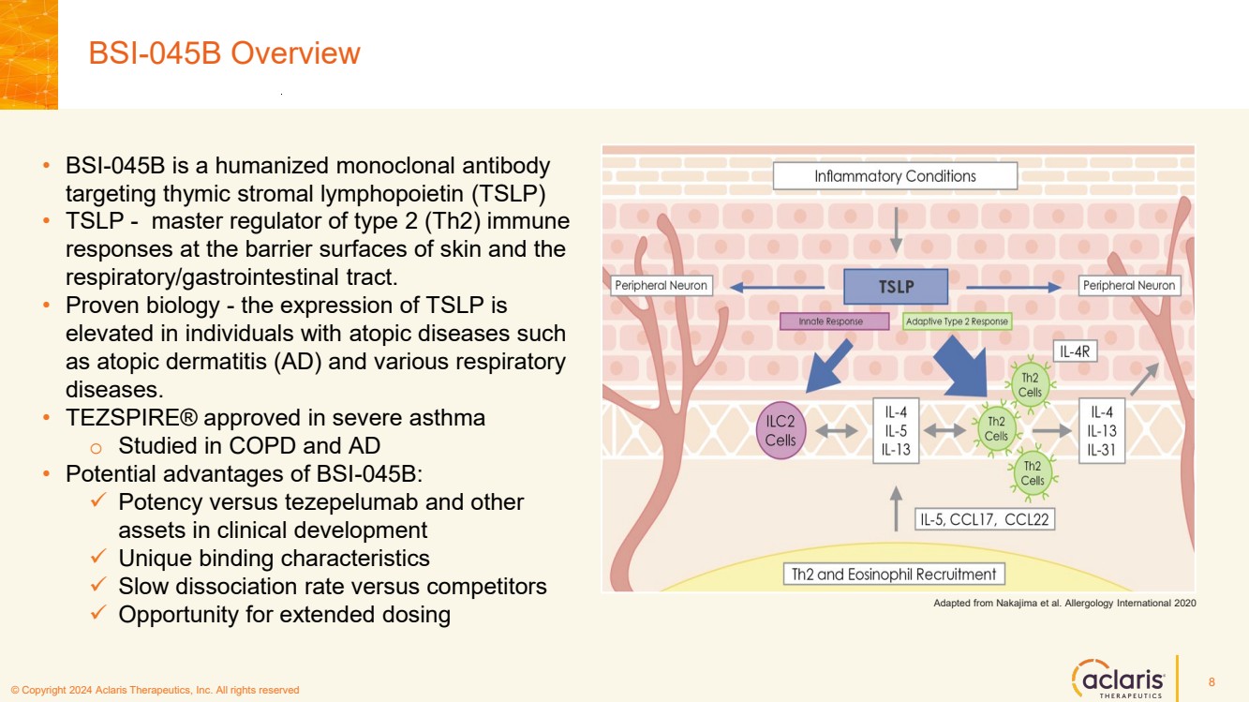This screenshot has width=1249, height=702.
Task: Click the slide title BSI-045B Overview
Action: point(224,53)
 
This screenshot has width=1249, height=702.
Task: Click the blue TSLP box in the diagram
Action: point(896,287)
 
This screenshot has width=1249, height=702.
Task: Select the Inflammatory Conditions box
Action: point(895,176)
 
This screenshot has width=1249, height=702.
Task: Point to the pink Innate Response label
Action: point(834,321)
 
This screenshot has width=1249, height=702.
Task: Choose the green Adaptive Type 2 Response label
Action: point(957,321)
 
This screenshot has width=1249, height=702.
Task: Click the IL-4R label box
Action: point(1077,351)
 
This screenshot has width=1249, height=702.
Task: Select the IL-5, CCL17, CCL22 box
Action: point(985,519)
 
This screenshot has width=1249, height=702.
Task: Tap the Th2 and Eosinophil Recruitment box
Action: point(894,574)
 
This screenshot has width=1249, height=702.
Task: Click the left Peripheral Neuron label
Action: point(661,285)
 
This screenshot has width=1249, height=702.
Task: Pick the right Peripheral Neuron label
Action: point(1129,285)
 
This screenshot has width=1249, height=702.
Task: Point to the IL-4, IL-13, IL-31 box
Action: point(1101,431)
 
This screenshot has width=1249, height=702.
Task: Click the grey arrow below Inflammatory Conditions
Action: point(896,231)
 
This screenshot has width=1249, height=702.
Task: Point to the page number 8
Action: point(1212,681)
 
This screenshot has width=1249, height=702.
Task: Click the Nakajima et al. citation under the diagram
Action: point(1064,604)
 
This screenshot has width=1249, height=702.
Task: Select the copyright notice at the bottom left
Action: point(155,691)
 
